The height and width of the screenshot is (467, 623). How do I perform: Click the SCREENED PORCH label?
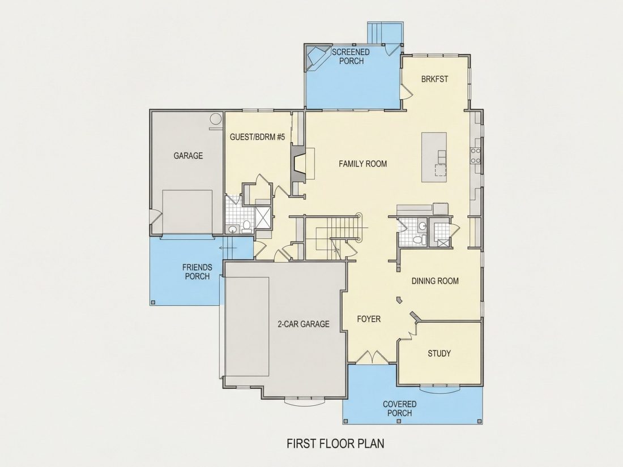[x=351, y=57]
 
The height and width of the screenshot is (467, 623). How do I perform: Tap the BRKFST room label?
[x=434, y=79]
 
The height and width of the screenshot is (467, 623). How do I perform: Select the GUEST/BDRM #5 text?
[x=258, y=137]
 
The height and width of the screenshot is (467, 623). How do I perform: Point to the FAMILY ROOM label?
[x=362, y=164]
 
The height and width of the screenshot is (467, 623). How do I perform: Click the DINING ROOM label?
[x=435, y=281]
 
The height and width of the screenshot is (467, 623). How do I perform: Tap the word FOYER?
[x=369, y=319]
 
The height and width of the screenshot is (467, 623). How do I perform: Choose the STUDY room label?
[x=439, y=353]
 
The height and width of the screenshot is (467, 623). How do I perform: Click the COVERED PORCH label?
[x=400, y=409]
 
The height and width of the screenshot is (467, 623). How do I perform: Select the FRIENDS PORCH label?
[x=197, y=272]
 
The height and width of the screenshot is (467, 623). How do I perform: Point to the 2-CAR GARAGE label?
[x=304, y=324]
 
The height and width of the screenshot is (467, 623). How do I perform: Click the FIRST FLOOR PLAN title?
[x=336, y=443]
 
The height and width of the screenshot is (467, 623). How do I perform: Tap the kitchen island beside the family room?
[x=434, y=157]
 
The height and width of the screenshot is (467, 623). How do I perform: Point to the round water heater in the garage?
[x=215, y=119]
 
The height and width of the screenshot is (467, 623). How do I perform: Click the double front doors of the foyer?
[x=372, y=357]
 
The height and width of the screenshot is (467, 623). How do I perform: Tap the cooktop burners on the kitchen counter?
[x=476, y=155]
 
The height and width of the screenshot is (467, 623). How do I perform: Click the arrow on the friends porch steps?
[x=228, y=248]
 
